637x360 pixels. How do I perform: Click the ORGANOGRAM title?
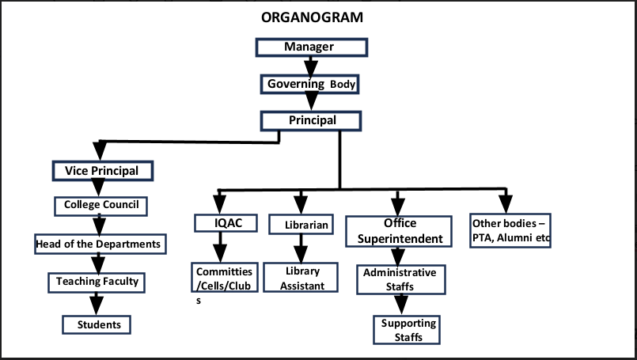click(312, 17)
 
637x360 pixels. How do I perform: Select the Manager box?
click(312, 47)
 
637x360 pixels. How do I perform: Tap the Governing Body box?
click(309, 85)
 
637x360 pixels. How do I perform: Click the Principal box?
click(311, 121)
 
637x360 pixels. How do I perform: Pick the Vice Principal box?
click(103, 171)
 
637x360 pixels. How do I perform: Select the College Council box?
click(100, 206)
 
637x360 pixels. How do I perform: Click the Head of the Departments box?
click(100, 244)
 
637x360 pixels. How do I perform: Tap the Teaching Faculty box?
click(97, 282)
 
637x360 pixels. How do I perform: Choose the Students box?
click(97, 324)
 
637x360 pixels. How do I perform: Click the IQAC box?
click(226, 223)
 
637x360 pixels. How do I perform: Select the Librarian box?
click(301, 225)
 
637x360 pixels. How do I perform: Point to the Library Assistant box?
click(301, 278)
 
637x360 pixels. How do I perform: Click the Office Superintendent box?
click(399, 231)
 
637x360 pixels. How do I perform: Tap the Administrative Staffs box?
click(401, 279)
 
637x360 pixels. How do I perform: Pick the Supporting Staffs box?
click(407, 330)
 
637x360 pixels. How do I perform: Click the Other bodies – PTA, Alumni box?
click(510, 230)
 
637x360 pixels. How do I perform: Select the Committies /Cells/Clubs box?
click(225, 278)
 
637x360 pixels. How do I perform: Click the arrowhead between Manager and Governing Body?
click(311, 66)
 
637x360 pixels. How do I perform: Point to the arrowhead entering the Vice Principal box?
click(100, 151)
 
